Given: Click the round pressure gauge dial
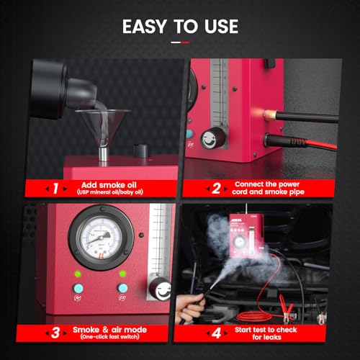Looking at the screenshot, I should click(96, 238).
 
